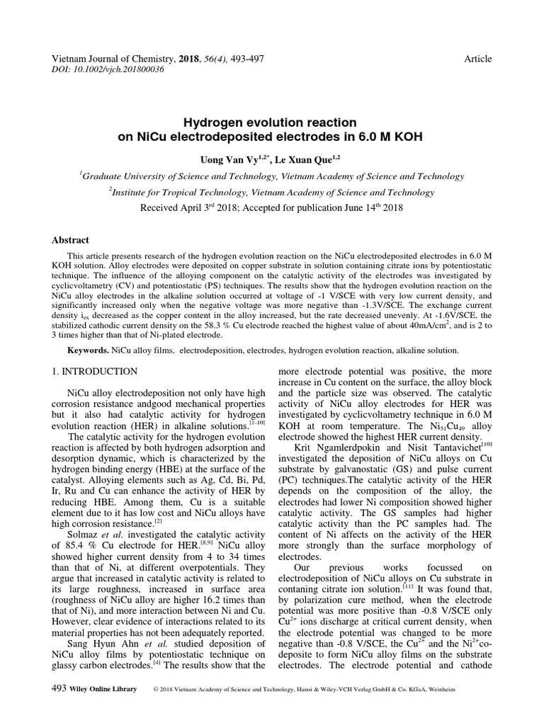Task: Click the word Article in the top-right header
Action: pyautogui.click(x=477, y=59)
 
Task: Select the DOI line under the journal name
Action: pyautogui.click(x=103, y=70)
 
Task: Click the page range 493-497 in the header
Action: pyautogui.click(x=244, y=59)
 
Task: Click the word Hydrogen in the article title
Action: pyautogui.click(x=215, y=122)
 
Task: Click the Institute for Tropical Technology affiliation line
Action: pyautogui.click(x=272, y=192)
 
